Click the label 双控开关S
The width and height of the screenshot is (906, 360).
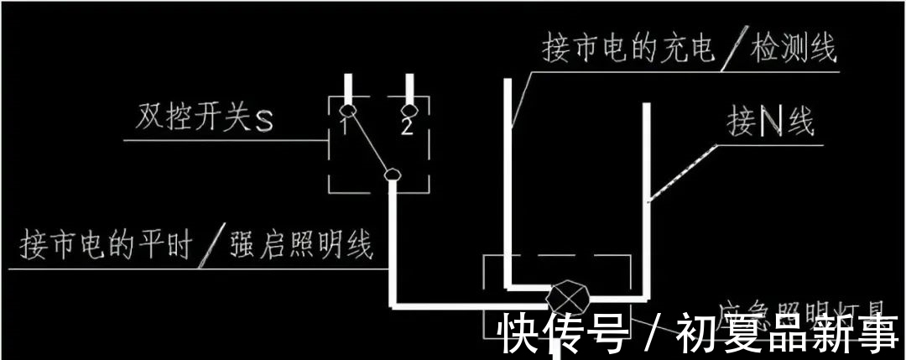[x=205, y=119]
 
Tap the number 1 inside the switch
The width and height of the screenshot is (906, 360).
[x=345, y=126]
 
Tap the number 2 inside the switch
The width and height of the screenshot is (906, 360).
[x=407, y=127]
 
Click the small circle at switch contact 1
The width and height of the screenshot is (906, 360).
[x=349, y=110]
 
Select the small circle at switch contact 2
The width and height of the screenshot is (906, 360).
[x=410, y=110]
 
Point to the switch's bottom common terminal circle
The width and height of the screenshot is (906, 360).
[x=390, y=175]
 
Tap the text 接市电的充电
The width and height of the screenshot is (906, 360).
[x=628, y=50]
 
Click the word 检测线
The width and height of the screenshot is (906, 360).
[x=794, y=50]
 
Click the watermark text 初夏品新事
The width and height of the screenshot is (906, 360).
[x=785, y=334]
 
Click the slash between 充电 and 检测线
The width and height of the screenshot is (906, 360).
[x=736, y=50]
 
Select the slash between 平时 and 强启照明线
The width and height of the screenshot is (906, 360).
[x=211, y=246]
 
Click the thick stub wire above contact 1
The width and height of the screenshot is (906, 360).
[x=349, y=88]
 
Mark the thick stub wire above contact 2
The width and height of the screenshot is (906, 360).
[x=410, y=88]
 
